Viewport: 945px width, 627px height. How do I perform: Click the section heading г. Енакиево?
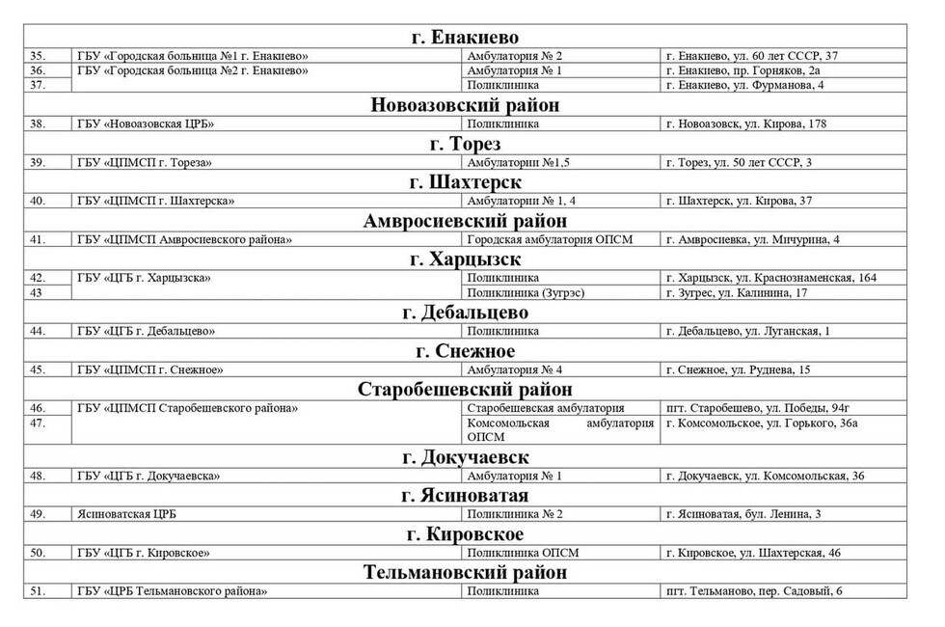464,37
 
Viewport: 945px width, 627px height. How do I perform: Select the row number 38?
39,123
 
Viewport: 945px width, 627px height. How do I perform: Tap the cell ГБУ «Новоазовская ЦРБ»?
146,123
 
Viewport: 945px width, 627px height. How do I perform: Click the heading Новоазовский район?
465,105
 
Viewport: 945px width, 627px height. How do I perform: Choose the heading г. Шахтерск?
465,182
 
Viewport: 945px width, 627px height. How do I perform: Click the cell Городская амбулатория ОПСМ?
550,239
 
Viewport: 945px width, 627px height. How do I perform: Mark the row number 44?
39,331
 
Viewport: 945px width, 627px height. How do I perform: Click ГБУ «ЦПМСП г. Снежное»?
151,369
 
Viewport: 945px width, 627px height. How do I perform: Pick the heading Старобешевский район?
465,390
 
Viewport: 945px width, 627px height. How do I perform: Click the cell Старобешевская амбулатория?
546,408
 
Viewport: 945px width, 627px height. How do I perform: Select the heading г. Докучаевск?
465,457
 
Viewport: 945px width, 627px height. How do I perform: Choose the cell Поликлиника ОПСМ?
521,553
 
